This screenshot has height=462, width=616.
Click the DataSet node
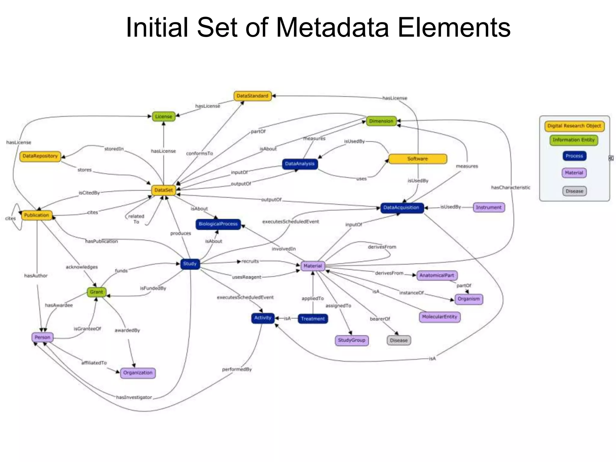[x=163, y=190]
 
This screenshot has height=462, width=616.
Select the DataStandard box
[x=252, y=96]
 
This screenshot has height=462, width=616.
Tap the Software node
[x=417, y=159]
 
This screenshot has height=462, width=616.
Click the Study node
[x=190, y=264]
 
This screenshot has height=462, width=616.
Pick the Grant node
[x=96, y=292]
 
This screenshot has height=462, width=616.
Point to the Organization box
[x=138, y=373]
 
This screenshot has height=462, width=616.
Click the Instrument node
[x=488, y=207]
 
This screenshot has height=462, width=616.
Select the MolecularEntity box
[x=439, y=317]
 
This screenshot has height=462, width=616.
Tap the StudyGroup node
[x=351, y=340]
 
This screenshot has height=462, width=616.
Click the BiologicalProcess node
[x=218, y=224]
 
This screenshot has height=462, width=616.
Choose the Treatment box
[x=313, y=319]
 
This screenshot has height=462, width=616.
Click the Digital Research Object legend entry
[x=574, y=126]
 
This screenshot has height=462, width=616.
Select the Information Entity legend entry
[x=574, y=140]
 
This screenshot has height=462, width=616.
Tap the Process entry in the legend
[x=574, y=156]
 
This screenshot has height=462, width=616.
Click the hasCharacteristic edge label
[x=510, y=188]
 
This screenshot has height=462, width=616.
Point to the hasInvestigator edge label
[x=134, y=397]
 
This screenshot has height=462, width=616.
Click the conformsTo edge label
[x=199, y=153]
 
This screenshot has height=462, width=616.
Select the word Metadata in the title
[x=332, y=28]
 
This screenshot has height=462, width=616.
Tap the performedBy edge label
[x=237, y=369]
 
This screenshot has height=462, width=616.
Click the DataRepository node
[x=40, y=156]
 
